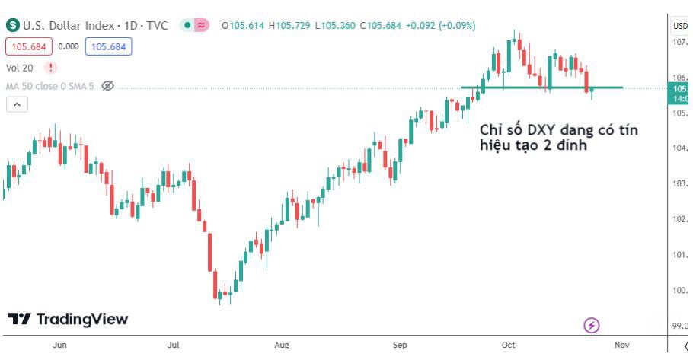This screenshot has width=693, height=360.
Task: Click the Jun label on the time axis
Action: [60, 345]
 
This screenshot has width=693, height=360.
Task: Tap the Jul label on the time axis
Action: [173, 345]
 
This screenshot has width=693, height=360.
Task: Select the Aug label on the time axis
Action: [282, 345]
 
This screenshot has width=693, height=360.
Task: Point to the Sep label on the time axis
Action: [400, 345]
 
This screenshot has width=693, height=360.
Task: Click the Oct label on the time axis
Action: [508, 345]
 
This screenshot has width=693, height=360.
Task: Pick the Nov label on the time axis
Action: [621, 345]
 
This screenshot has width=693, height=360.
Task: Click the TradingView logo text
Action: [69, 319]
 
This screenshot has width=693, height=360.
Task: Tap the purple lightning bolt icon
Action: [592, 326]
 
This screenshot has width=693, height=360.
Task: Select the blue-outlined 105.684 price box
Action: [108, 46]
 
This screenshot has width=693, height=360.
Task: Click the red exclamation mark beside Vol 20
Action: [50, 68]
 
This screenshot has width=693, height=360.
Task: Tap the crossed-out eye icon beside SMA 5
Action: [108, 86]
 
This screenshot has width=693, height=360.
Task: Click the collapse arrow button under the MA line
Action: [16, 104]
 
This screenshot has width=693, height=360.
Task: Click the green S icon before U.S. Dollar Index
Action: [13, 25]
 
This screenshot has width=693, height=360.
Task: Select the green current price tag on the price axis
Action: [679, 93]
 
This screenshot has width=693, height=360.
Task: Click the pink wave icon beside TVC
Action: [201, 25]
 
